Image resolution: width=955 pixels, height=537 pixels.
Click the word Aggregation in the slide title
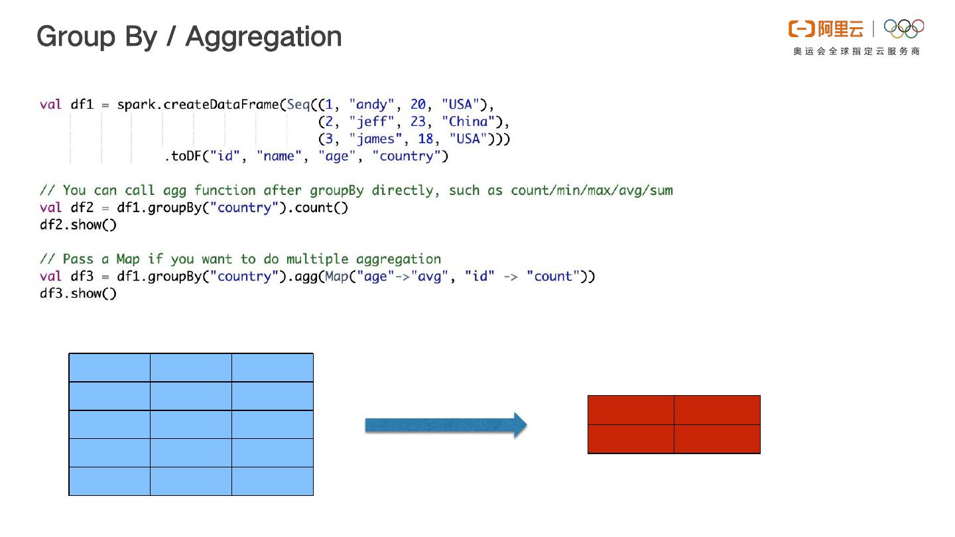coord(263,37)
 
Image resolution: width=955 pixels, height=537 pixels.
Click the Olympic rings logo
coord(904,29)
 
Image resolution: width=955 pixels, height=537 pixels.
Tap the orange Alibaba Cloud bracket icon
coord(801,29)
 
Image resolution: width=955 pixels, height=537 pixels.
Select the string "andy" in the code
coord(371,105)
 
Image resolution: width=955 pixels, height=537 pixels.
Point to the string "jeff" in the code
coord(371,122)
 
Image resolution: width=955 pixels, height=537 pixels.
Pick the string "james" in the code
coord(375,139)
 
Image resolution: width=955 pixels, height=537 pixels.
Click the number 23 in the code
coord(418,122)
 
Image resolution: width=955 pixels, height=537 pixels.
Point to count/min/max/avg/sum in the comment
coord(592,191)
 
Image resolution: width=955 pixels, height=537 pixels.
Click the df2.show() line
coord(78,225)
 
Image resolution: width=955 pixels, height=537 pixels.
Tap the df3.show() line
coord(78,294)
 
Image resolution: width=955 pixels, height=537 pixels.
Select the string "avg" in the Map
coord(429,276)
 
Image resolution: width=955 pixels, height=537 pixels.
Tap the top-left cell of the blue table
coord(109,367)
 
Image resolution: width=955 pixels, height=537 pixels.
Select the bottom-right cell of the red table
coord(717,439)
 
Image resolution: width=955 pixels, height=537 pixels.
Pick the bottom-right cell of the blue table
coord(273,481)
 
